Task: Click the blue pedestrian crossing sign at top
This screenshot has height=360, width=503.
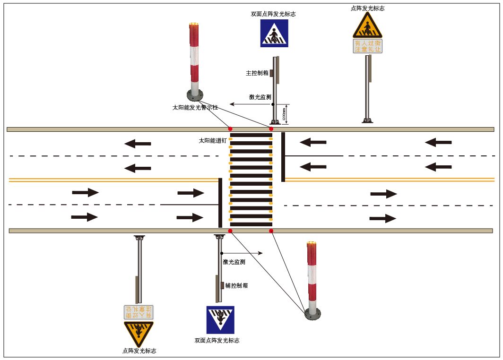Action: [x=274, y=33]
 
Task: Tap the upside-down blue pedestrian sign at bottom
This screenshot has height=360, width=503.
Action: [x=220, y=320]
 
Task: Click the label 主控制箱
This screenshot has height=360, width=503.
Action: [x=257, y=73]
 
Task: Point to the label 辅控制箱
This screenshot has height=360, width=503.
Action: [x=236, y=285]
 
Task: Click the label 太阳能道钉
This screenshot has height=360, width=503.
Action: [x=213, y=140]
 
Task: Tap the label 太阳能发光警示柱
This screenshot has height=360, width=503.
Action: [x=195, y=108]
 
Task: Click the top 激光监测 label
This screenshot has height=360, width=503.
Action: [x=260, y=97]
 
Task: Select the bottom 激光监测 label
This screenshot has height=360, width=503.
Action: [x=234, y=262]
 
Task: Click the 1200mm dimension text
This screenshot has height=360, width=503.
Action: [x=284, y=115]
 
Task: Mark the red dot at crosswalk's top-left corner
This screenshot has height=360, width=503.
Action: [x=230, y=129]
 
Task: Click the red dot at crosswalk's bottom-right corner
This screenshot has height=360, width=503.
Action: [x=271, y=231]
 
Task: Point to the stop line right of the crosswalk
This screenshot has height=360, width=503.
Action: [x=283, y=157]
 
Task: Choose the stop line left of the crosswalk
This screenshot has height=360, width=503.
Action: [x=220, y=203]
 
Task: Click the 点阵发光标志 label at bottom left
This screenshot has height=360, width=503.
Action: [x=139, y=351]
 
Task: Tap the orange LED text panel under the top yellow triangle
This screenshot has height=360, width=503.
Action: [x=368, y=46]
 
